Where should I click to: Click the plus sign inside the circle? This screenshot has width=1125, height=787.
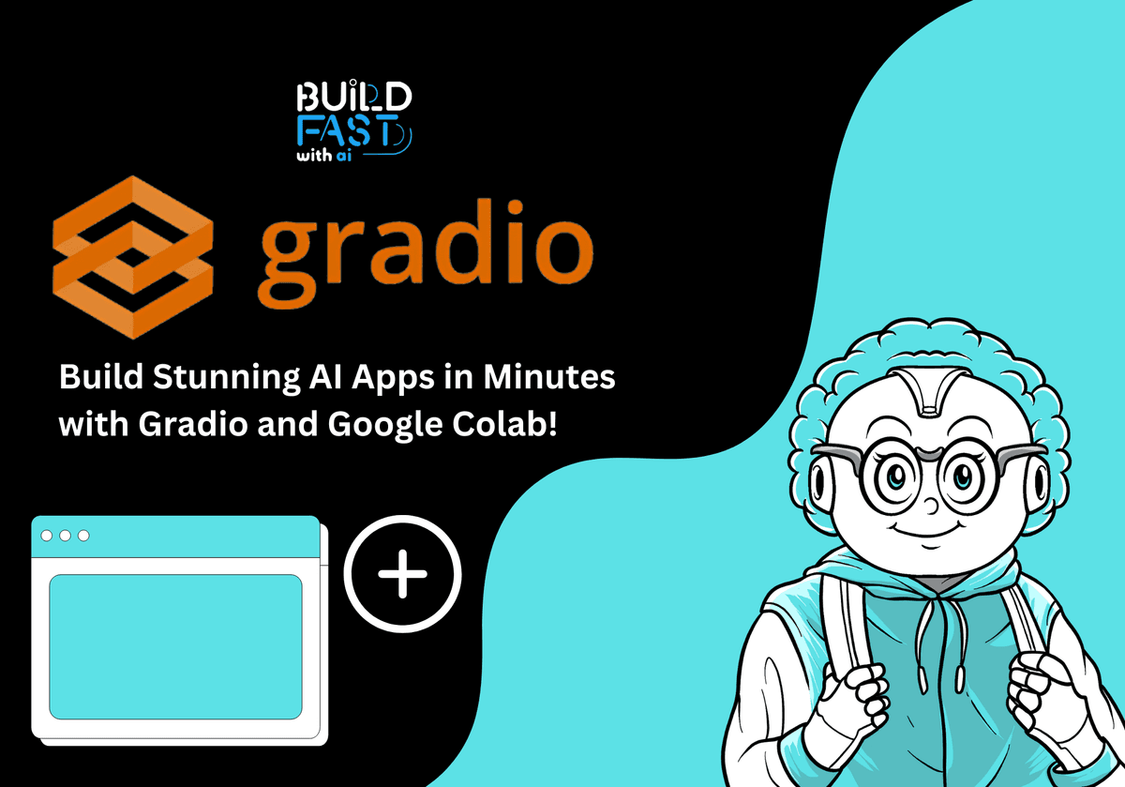[x=403, y=575]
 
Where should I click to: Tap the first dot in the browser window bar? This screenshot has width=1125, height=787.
[x=46, y=535]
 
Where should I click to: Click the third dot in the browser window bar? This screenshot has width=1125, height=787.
[x=83, y=535]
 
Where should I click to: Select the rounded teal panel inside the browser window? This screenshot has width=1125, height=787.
[x=175, y=646]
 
